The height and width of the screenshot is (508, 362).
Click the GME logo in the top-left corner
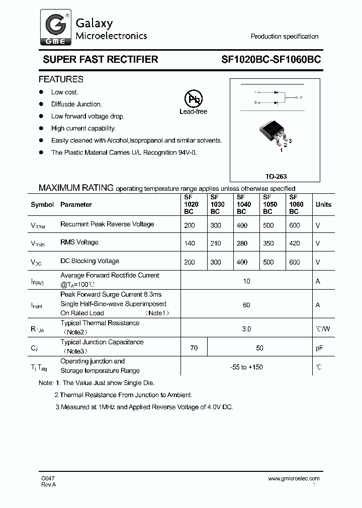(x=54, y=28)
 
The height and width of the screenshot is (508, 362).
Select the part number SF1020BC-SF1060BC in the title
(x=271, y=59)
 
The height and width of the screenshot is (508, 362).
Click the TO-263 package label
(x=276, y=177)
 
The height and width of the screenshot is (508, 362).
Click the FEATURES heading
(x=61, y=79)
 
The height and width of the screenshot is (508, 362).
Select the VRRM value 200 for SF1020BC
(x=190, y=225)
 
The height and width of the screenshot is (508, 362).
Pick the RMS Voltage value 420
(x=295, y=243)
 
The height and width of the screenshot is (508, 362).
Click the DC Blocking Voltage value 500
(x=268, y=262)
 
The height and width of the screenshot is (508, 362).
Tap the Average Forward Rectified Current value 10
(x=246, y=281)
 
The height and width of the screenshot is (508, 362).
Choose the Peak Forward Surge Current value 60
(x=246, y=305)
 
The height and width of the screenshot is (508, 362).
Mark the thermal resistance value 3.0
(x=246, y=329)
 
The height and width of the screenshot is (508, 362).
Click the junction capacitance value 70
(x=194, y=348)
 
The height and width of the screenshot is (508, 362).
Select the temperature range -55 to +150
(x=246, y=367)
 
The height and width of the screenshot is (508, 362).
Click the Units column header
(x=323, y=204)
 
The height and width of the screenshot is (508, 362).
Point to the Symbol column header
(x=42, y=204)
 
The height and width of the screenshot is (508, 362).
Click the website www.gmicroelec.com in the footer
(x=294, y=478)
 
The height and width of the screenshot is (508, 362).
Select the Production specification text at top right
(x=285, y=37)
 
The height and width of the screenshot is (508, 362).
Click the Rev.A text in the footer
(x=49, y=484)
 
